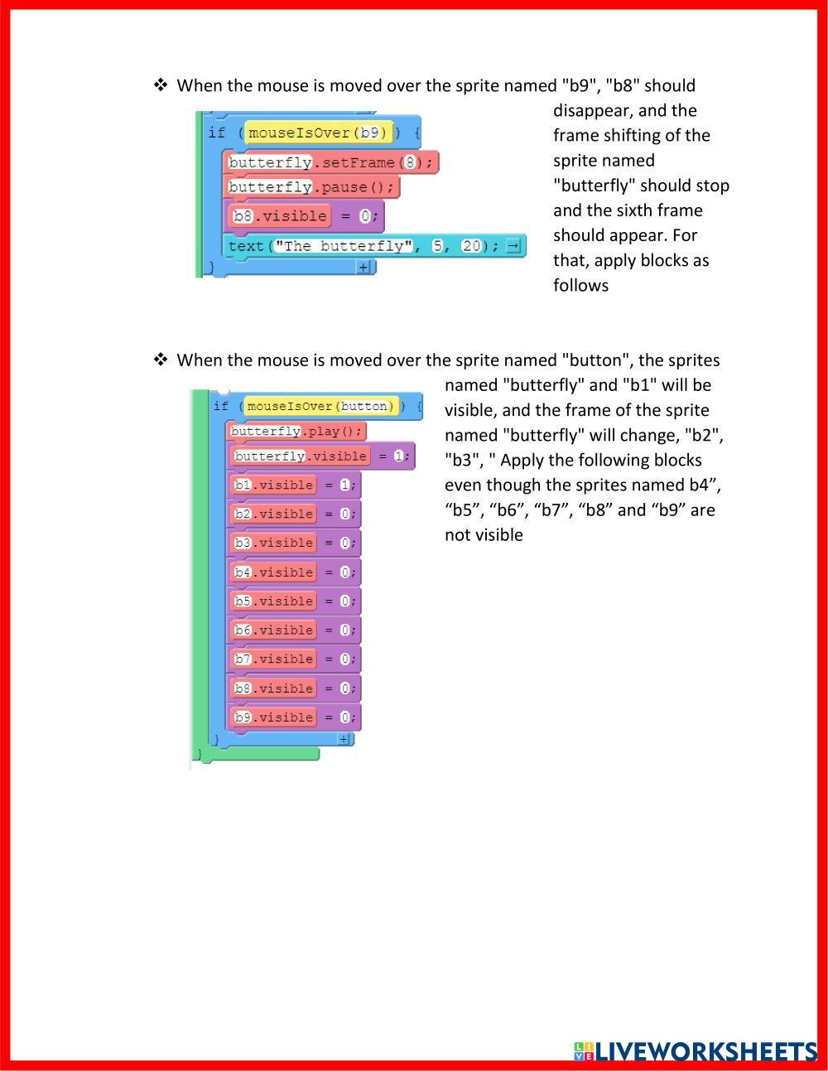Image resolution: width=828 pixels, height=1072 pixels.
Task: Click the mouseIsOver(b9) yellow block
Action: (319, 133)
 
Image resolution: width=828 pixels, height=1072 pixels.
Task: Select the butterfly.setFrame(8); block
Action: (331, 162)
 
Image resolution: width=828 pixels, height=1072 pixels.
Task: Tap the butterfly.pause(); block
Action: (312, 187)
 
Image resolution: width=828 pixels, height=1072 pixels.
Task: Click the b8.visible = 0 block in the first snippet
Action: (304, 216)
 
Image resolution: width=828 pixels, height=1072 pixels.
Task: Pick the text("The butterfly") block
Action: (364, 246)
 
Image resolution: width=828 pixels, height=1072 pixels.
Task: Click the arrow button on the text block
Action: (514, 246)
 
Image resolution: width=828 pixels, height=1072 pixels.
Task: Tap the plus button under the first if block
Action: (363, 268)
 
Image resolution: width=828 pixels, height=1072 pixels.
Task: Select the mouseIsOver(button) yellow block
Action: (321, 406)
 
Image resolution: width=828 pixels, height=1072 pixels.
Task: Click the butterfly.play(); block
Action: (296, 432)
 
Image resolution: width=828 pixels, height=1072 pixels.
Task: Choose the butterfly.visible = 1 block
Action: (320, 456)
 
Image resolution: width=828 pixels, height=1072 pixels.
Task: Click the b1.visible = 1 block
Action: (294, 485)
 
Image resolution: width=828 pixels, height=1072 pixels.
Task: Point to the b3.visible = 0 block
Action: (294, 543)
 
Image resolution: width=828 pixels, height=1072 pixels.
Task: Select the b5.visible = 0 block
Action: (294, 601)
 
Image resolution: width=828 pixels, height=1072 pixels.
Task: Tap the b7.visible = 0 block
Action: (294, 659)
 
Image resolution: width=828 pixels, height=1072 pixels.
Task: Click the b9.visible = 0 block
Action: (294, 717)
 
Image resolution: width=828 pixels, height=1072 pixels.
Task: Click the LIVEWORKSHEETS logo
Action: (696, 1051)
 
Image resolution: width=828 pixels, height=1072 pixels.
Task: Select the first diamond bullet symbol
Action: (161, 85)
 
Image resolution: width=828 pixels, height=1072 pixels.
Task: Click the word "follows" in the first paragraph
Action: (580, 285)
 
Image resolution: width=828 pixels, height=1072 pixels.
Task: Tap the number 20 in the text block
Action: (471, 246)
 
